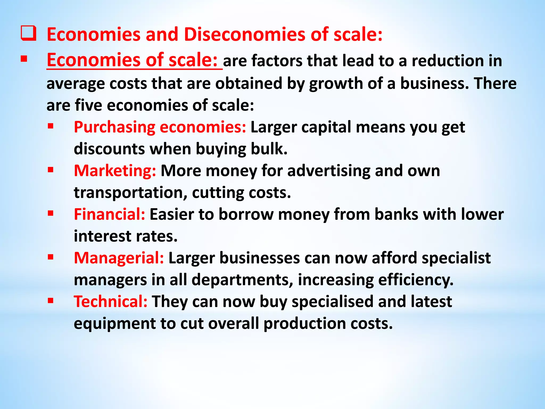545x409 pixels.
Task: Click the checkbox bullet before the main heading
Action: (28, 34)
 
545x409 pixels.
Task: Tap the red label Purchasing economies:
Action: (160, 127)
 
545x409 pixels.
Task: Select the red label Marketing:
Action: (115, 171)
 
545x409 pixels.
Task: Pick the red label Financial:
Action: (109, 214)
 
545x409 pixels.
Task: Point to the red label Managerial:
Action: (119, 258)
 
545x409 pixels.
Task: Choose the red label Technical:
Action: (110, 302)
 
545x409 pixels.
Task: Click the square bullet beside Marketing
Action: (51, 170)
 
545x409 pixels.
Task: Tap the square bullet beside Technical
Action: (51, 301)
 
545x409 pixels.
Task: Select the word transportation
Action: (130, 193)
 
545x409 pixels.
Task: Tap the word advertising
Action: (329, 171)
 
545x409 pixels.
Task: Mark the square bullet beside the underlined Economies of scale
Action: (24, 59)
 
